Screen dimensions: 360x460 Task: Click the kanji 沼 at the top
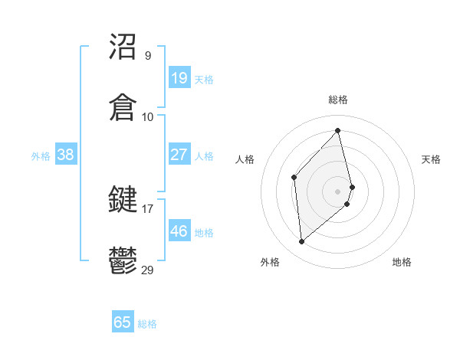[x=123, y=47]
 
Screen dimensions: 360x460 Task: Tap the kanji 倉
[x=123, y=107]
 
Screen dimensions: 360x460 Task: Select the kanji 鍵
[x=123, y=200]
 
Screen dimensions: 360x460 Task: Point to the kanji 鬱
[x=123, y=260]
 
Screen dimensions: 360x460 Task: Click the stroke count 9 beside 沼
[x=148, y=56]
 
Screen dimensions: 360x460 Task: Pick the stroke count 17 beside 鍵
[x=148, y=208]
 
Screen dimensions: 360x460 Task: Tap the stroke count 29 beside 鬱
[x=148, y=269]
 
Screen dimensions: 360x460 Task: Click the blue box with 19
[x=179, y=77]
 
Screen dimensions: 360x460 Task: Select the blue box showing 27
[x=179, y=154]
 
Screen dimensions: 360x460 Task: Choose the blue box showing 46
[x=179, y=231]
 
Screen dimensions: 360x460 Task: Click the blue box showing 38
[x=65, y=154]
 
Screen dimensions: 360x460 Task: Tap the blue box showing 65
[x=123, y=322]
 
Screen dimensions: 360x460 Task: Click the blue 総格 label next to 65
[x=147, y=324]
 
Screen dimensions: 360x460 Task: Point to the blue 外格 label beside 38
[x=41, y=155]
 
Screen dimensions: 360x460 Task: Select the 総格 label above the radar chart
[x=338, y=100]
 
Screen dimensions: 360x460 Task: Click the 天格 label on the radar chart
[x=432, y=159]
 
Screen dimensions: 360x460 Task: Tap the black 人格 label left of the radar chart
[x=245, y=159]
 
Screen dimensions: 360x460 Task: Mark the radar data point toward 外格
[x=302, y=242]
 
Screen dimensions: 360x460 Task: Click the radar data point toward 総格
[x=338, y=131]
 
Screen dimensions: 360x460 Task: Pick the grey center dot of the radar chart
[x=338, y=190]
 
